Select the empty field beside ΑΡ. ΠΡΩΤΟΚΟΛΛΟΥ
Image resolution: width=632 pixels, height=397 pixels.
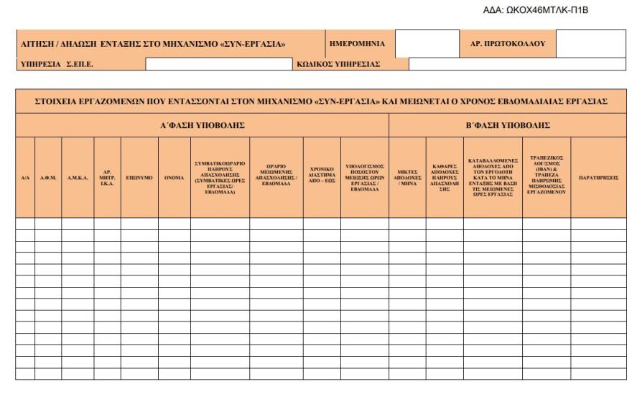(590, 44)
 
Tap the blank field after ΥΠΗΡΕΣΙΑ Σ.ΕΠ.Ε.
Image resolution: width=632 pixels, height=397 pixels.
(219, 64)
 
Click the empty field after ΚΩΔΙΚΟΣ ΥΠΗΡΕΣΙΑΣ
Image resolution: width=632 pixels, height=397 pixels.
(517, 64)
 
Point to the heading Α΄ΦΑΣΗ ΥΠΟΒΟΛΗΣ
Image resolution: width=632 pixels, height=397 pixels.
(202, 125)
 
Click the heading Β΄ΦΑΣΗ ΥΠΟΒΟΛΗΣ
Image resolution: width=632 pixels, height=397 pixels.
(508, 125)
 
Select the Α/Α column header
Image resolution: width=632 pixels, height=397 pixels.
(25, 177)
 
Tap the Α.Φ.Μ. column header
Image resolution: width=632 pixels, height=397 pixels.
(48, 177)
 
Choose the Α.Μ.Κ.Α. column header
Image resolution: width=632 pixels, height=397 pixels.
(78, 177)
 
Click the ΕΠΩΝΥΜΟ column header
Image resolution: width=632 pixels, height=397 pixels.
(139, 177)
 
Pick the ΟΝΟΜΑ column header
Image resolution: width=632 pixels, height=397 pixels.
(174, 177)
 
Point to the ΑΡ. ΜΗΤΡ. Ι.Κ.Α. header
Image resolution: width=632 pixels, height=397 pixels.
(107, 177)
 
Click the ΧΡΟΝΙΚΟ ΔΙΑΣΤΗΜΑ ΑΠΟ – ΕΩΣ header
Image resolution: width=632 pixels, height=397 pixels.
(322, 177)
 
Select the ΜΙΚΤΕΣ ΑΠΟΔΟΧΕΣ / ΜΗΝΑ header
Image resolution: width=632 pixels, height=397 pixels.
(407, 177)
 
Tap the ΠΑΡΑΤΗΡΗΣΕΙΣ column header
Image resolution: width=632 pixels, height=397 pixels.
(598, 177)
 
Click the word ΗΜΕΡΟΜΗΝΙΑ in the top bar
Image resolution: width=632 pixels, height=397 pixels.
(357, 44)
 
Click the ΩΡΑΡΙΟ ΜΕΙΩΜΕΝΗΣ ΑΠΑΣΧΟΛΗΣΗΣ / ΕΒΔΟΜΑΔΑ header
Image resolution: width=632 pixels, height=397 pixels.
(276, 177)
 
